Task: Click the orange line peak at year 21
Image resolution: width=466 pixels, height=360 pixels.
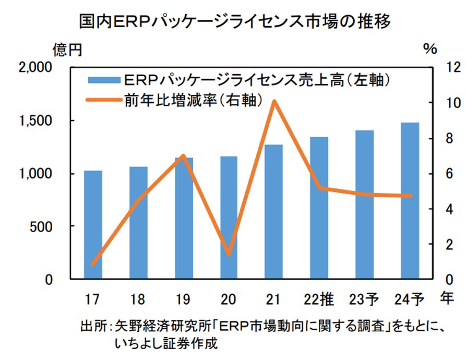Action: click(274, 101)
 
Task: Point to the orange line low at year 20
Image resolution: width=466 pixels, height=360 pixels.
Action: click(229, 254)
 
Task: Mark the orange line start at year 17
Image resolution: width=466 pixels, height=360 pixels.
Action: click(93, 264)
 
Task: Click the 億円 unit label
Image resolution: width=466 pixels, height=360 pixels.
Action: click(67, 50)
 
